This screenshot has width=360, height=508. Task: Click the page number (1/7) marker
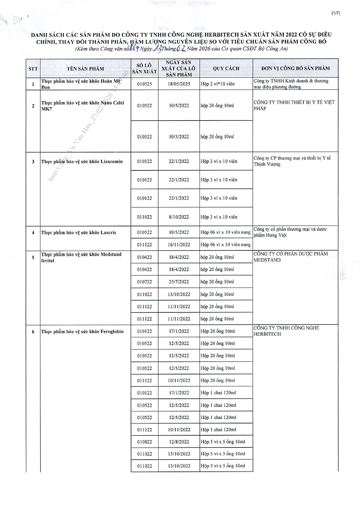click(336, 13)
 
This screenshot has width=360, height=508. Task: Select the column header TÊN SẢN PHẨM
click(85, 69)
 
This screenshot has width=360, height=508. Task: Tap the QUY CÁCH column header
click(226, 68)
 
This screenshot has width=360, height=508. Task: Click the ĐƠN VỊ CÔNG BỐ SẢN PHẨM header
click(295, 68)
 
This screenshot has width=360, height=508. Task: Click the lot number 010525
click(144, 84)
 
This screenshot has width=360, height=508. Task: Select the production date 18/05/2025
click(179, 84)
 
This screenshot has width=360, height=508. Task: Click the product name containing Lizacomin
click(82, 162)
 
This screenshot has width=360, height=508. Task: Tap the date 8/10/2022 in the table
click(179, 217)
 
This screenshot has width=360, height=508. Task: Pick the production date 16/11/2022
click(179, 245)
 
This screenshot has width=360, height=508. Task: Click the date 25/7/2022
click(179, 282)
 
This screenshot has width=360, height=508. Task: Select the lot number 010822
click(144, 442)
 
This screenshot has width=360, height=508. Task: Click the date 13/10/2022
click(179, 294)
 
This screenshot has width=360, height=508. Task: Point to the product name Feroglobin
click(82, 332)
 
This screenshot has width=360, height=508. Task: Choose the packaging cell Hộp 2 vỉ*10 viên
click(217, 84)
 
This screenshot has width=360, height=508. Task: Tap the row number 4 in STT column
click(33, 232)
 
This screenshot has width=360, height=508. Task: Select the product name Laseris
click(79, 232)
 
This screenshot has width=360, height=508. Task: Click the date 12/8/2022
click(179, 442)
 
